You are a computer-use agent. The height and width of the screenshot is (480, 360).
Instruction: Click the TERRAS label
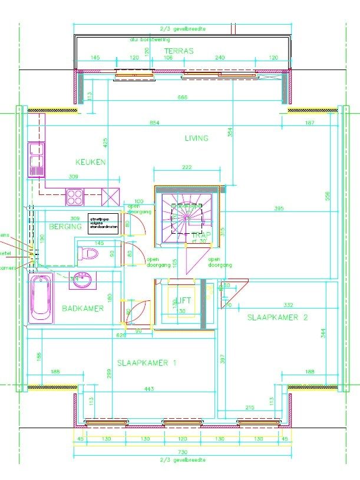(179, 51)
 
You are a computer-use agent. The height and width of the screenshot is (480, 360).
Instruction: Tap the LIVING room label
(196, 138)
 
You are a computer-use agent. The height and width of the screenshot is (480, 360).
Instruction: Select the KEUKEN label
(90, 162)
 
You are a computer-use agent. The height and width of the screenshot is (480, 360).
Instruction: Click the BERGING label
(65, 227)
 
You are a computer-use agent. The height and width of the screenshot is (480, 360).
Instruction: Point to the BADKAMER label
(82, 308)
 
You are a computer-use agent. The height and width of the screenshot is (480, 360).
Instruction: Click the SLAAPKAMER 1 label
(147, 363)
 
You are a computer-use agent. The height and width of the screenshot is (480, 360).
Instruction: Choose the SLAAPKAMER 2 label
(278, 317)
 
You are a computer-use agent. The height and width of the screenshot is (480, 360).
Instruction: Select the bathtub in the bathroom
(41, 303)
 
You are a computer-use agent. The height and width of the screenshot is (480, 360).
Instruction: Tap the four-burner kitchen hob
(75, 196)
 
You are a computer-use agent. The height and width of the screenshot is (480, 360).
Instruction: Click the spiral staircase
(186, 217)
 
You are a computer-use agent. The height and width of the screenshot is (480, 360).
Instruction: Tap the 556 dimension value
(327, 196)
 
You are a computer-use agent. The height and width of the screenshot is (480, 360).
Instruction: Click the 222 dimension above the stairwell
(187, 168)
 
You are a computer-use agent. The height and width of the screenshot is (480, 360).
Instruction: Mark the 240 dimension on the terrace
(220, 58)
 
